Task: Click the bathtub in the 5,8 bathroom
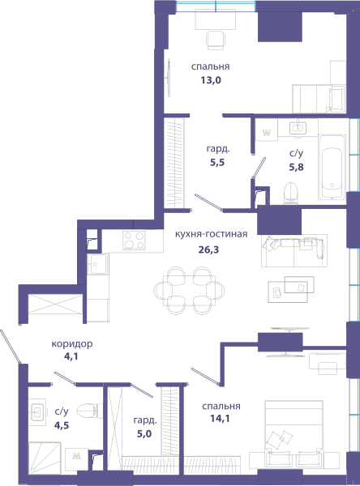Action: (x=332, y=168)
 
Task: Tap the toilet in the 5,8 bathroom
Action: (x=291, y=194)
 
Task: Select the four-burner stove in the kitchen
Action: (x=134, y=241)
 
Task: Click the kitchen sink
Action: (x=98, y=264)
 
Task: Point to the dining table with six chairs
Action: (x=189, y=291)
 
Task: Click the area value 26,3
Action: (x=208, y=249)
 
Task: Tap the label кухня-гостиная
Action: (x=211, y=234)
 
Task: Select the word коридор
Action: (x=72, y=344)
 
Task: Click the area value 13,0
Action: (x=211, y=80)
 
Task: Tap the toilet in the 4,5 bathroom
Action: (x=89, y=411)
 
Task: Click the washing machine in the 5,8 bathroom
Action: (x=266, y=130)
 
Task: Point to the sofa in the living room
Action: (x=294, y=251)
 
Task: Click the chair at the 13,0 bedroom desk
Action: (x=216, y=40)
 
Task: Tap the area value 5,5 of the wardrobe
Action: (x=217, y=163)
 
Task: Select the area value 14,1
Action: (x=220, y=419)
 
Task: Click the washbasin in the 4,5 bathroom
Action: (x=37, y=412)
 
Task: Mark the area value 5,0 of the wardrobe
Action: (x=144, y=433)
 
